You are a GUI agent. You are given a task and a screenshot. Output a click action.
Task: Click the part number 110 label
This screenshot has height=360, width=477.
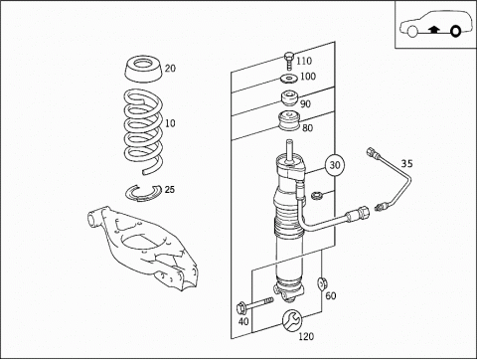click(304, 61)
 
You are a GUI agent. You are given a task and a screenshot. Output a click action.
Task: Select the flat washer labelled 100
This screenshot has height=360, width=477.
click(288, 79)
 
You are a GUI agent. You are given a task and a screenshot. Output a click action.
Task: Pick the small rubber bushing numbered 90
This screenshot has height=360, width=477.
click(290, 98)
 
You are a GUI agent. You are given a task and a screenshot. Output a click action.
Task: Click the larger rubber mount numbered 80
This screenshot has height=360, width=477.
click(289, 122)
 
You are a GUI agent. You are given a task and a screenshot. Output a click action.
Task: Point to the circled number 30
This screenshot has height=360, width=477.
click(335, 165)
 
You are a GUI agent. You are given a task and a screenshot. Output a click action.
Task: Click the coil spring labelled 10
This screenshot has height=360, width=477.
click(144, 131)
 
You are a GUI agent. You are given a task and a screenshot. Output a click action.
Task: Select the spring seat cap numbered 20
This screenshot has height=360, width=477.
click(144, 69)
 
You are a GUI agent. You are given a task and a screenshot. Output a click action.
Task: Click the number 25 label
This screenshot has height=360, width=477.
click(170, 190)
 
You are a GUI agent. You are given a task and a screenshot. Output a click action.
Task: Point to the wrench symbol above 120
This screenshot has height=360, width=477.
click(292, 320)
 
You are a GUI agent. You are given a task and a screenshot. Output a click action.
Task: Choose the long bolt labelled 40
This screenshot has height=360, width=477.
click(254, 305)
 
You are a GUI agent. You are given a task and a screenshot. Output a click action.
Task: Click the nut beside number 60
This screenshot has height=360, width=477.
click(321, 283)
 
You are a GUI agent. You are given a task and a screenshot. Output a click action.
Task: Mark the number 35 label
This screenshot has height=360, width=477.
click(406, 164)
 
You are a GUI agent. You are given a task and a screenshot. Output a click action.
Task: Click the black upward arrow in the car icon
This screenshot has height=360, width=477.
click(434, 30)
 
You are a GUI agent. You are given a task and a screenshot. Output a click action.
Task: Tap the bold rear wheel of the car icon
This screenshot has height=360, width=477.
click(456, 31)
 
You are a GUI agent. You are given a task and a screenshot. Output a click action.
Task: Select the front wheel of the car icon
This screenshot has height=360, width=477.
click(412, 31)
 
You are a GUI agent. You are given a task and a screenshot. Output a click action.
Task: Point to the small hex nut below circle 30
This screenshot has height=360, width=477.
click(316, 196)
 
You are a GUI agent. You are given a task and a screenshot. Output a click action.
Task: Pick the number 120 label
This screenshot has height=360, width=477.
click(306, 336)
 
